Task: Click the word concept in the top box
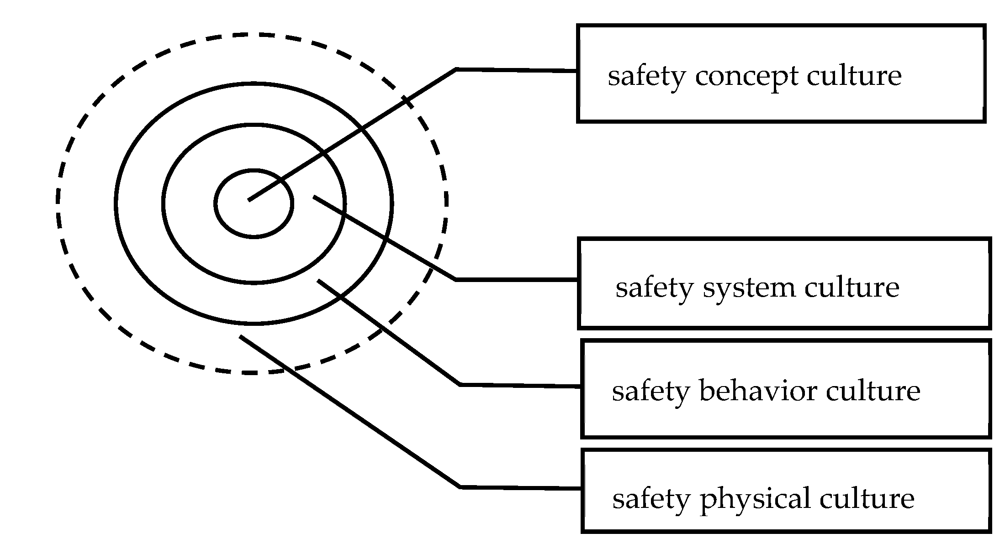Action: pyautogui.click(x=746, y=76)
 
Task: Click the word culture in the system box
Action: pyautogui.click(x=852, y=287)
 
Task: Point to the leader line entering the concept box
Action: pyautogui.click(x=516, y=70)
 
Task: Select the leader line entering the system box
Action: pyautogui.click(x=516, y=279)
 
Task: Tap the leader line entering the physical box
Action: pyautogui.click(x=521, y=488)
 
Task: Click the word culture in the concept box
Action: pyautogui.click(x=854, y=76)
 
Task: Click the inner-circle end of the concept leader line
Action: pyautogui.click(x=249, y=199)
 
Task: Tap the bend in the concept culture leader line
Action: pyautogui.click(x=456, y=69)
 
